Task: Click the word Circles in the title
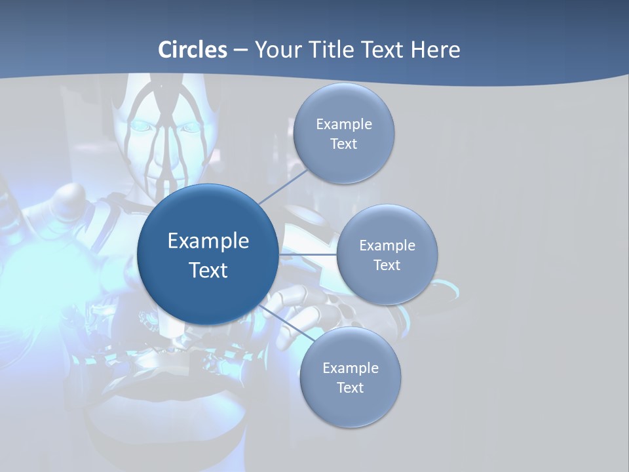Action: coord(193,50)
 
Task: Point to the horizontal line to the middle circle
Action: coord(307,254)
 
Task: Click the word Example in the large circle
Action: coord(208,241)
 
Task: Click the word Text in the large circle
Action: coord(208,270)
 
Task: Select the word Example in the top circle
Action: coord(343,124)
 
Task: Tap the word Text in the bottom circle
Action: coord(350,387)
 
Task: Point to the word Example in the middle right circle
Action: coord(387,245)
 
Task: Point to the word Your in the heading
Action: coord(277,50)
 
